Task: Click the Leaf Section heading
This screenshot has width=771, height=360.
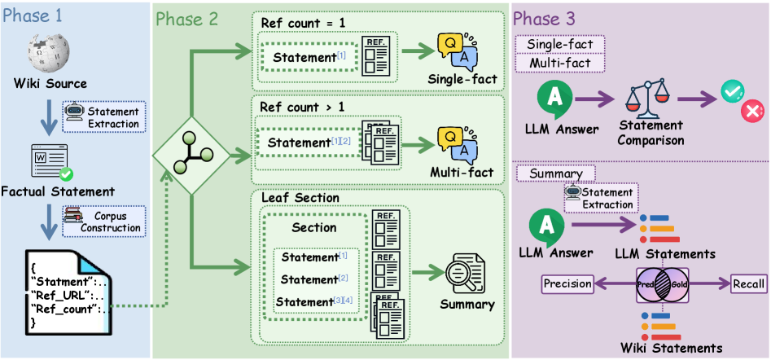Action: [x=300, y=198]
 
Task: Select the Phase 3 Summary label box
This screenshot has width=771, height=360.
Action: [x=556, y=173]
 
